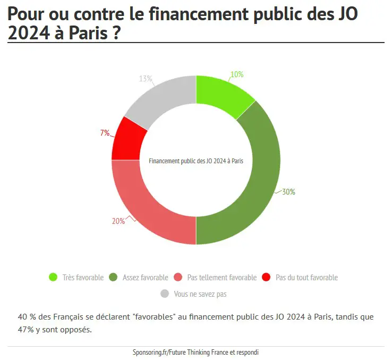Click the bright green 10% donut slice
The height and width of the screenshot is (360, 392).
[222, 94]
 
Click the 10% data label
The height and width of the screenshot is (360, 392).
[237, 75]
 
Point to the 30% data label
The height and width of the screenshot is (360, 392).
[288, 192]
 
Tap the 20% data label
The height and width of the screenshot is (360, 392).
[118, 221]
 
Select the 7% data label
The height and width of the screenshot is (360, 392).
[105, 133]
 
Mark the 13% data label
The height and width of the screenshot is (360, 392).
[146, 79]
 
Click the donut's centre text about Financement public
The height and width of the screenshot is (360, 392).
[196, 161]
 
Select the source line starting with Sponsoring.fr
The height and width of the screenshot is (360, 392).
[195, 353]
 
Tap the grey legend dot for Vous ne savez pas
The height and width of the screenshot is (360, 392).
[165, 294]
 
